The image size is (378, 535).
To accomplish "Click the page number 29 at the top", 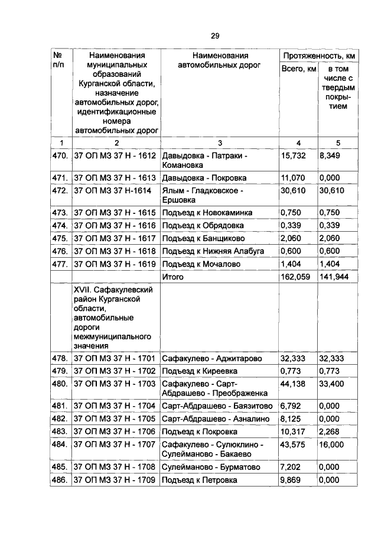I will pyautogui.click(x=215, y=36).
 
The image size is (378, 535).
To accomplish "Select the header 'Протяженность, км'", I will pyautogui.click(x=318, y=55).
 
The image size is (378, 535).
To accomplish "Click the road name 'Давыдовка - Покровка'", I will pyautogui.click(x=200, y=178).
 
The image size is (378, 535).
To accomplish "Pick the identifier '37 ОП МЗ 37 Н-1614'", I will pyautogui.click(x=112, y=192).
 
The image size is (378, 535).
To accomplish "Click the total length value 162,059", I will pyautogui.click(x=295, y=277).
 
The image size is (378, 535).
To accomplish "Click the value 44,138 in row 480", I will pyautogui.click(x=293, y=383).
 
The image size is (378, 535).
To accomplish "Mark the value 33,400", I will pyautogui.click(x=332, y=383).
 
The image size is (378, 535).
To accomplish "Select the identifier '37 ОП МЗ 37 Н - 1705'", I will pyautogui.click(x=114, y=419).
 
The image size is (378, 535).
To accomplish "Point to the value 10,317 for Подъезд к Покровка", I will pyautogui.click(x=293, y=431).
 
